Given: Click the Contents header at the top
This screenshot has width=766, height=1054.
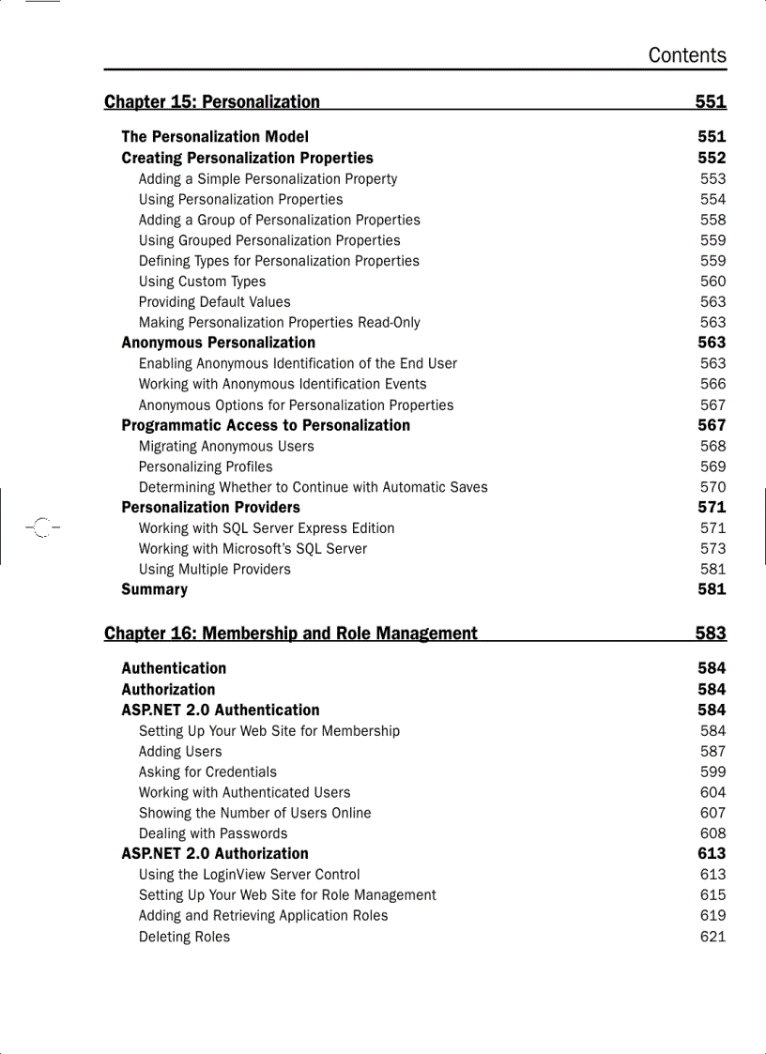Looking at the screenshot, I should (x=686, y=55).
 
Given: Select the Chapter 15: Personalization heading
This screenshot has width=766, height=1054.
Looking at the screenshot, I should (x=212, y=101).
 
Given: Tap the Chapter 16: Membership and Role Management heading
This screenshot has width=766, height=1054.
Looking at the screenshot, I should (x=291, y=634).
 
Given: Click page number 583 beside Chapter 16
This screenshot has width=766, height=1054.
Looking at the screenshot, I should (x=711, y=634).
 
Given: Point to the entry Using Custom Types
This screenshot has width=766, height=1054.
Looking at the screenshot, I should (x=202, y=282).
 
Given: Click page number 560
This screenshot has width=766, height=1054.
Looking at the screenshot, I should (x=712, y=282).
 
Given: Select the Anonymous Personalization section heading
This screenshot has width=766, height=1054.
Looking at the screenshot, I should (x=218, y=343).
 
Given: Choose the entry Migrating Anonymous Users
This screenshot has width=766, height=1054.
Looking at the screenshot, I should (x=226, y=447).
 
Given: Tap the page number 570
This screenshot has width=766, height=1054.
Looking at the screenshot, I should (x=712, y=487).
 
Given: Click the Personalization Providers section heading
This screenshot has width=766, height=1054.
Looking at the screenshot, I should (x=210, y=508).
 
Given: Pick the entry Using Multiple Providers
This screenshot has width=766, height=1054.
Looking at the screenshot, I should (x=214, y=569).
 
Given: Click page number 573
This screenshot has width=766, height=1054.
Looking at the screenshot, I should (x=712, y=548).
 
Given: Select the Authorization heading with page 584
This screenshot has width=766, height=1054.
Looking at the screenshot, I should (x=168, y=689).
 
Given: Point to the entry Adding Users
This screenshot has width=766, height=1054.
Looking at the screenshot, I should (x=180, y=752).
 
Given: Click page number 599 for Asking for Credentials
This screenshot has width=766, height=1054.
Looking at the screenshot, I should (x=712, y=771).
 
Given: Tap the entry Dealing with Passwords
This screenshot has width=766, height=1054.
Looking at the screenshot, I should (x=213, y=833).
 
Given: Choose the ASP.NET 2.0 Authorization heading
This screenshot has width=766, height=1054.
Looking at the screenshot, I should (x=215, y=853).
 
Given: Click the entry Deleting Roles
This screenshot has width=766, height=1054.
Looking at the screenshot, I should (x=184, y=937).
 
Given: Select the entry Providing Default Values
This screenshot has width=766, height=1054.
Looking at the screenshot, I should (x=214, y=302).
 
